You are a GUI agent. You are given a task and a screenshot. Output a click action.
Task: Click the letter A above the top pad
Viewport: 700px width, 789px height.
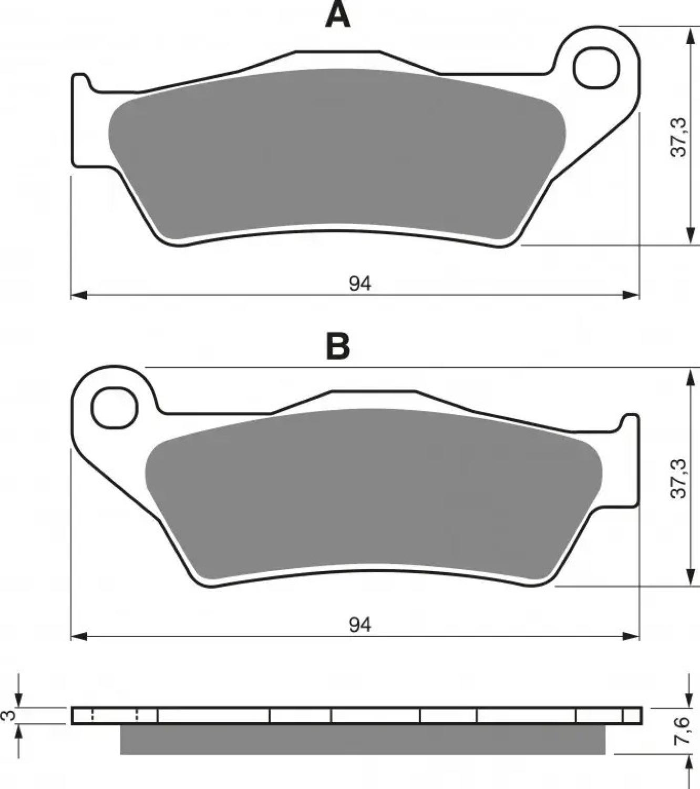coord(338,15)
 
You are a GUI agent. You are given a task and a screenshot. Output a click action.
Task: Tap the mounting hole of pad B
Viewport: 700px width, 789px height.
coord(115,407)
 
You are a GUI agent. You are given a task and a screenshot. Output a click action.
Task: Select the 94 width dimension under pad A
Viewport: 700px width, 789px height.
coord(360,284)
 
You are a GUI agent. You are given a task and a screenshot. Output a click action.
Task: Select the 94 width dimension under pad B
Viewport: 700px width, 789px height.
coord(360,625)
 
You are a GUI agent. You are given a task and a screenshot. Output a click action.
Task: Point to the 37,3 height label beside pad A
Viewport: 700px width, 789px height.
coord(678,137)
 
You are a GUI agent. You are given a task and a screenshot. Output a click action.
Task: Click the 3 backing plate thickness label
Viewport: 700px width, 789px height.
coord(10,715)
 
